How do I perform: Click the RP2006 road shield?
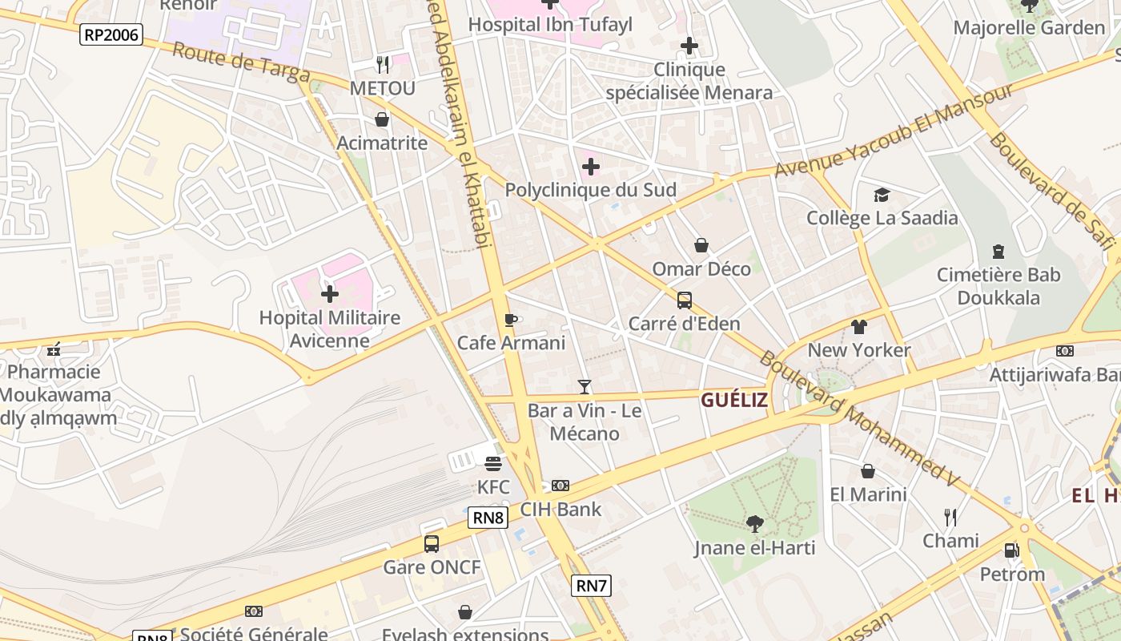tap(111, 34)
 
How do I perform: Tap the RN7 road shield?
tap(592, 586)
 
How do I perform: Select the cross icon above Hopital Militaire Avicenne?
tap(330, 294)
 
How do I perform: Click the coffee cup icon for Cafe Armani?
tap(511, 320)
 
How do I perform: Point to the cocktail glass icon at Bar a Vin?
tap(585, 387)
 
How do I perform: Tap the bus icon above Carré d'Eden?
tap(685, 300)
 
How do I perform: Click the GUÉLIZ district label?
tap(734, 401)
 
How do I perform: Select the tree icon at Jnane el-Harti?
tap(754, 525)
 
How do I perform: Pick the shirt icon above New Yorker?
tap(859, 327)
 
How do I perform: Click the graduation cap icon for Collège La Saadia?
tap(882, 195)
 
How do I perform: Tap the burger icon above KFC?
tap(493, 463)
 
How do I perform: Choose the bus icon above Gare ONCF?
tap(432, 544)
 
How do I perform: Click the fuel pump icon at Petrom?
tap(1012, 550)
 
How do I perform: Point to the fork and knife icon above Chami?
tap(950, 517)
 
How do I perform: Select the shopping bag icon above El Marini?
tap(868, 471)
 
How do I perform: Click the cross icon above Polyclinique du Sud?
tap(591, 167)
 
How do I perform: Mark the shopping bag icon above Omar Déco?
tap(701, 245)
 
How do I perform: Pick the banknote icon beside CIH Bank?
tap(560, 486)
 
